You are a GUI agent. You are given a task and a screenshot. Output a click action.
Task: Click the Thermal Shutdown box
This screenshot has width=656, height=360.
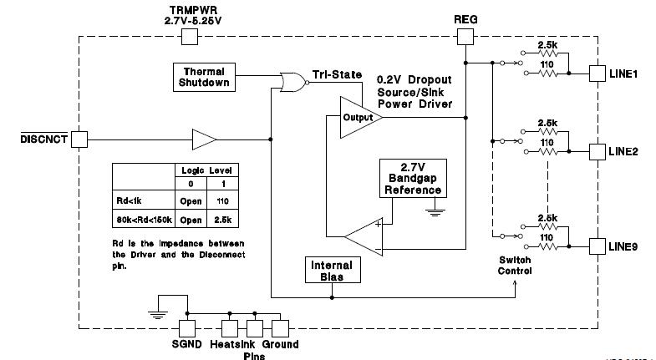pos(203,77)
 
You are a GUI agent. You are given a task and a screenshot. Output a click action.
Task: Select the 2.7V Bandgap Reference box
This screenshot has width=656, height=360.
pos(412,177)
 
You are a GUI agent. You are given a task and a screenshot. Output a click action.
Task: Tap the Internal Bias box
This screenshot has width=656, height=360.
pos(332,271)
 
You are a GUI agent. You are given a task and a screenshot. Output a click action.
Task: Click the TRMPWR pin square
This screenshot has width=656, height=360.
pos(190,37)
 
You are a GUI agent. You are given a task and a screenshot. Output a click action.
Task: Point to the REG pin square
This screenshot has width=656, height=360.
pos(465,37)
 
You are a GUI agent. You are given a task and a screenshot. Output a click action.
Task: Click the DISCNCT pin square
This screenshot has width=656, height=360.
pos(79,139)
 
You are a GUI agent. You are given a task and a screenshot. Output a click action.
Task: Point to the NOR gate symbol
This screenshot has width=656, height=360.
pos(292,82)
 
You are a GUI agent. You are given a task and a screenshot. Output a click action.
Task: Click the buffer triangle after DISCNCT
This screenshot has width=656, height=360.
pos(204,139)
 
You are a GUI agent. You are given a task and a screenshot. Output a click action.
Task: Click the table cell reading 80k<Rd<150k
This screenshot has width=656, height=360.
pos(144,221)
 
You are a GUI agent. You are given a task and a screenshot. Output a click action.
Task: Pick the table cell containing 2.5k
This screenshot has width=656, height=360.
pos(222,221)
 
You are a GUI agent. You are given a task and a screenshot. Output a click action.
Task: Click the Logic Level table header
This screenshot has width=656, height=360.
pos(206,170)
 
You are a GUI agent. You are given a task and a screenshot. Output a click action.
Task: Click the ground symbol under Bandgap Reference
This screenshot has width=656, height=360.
pos(434,212)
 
